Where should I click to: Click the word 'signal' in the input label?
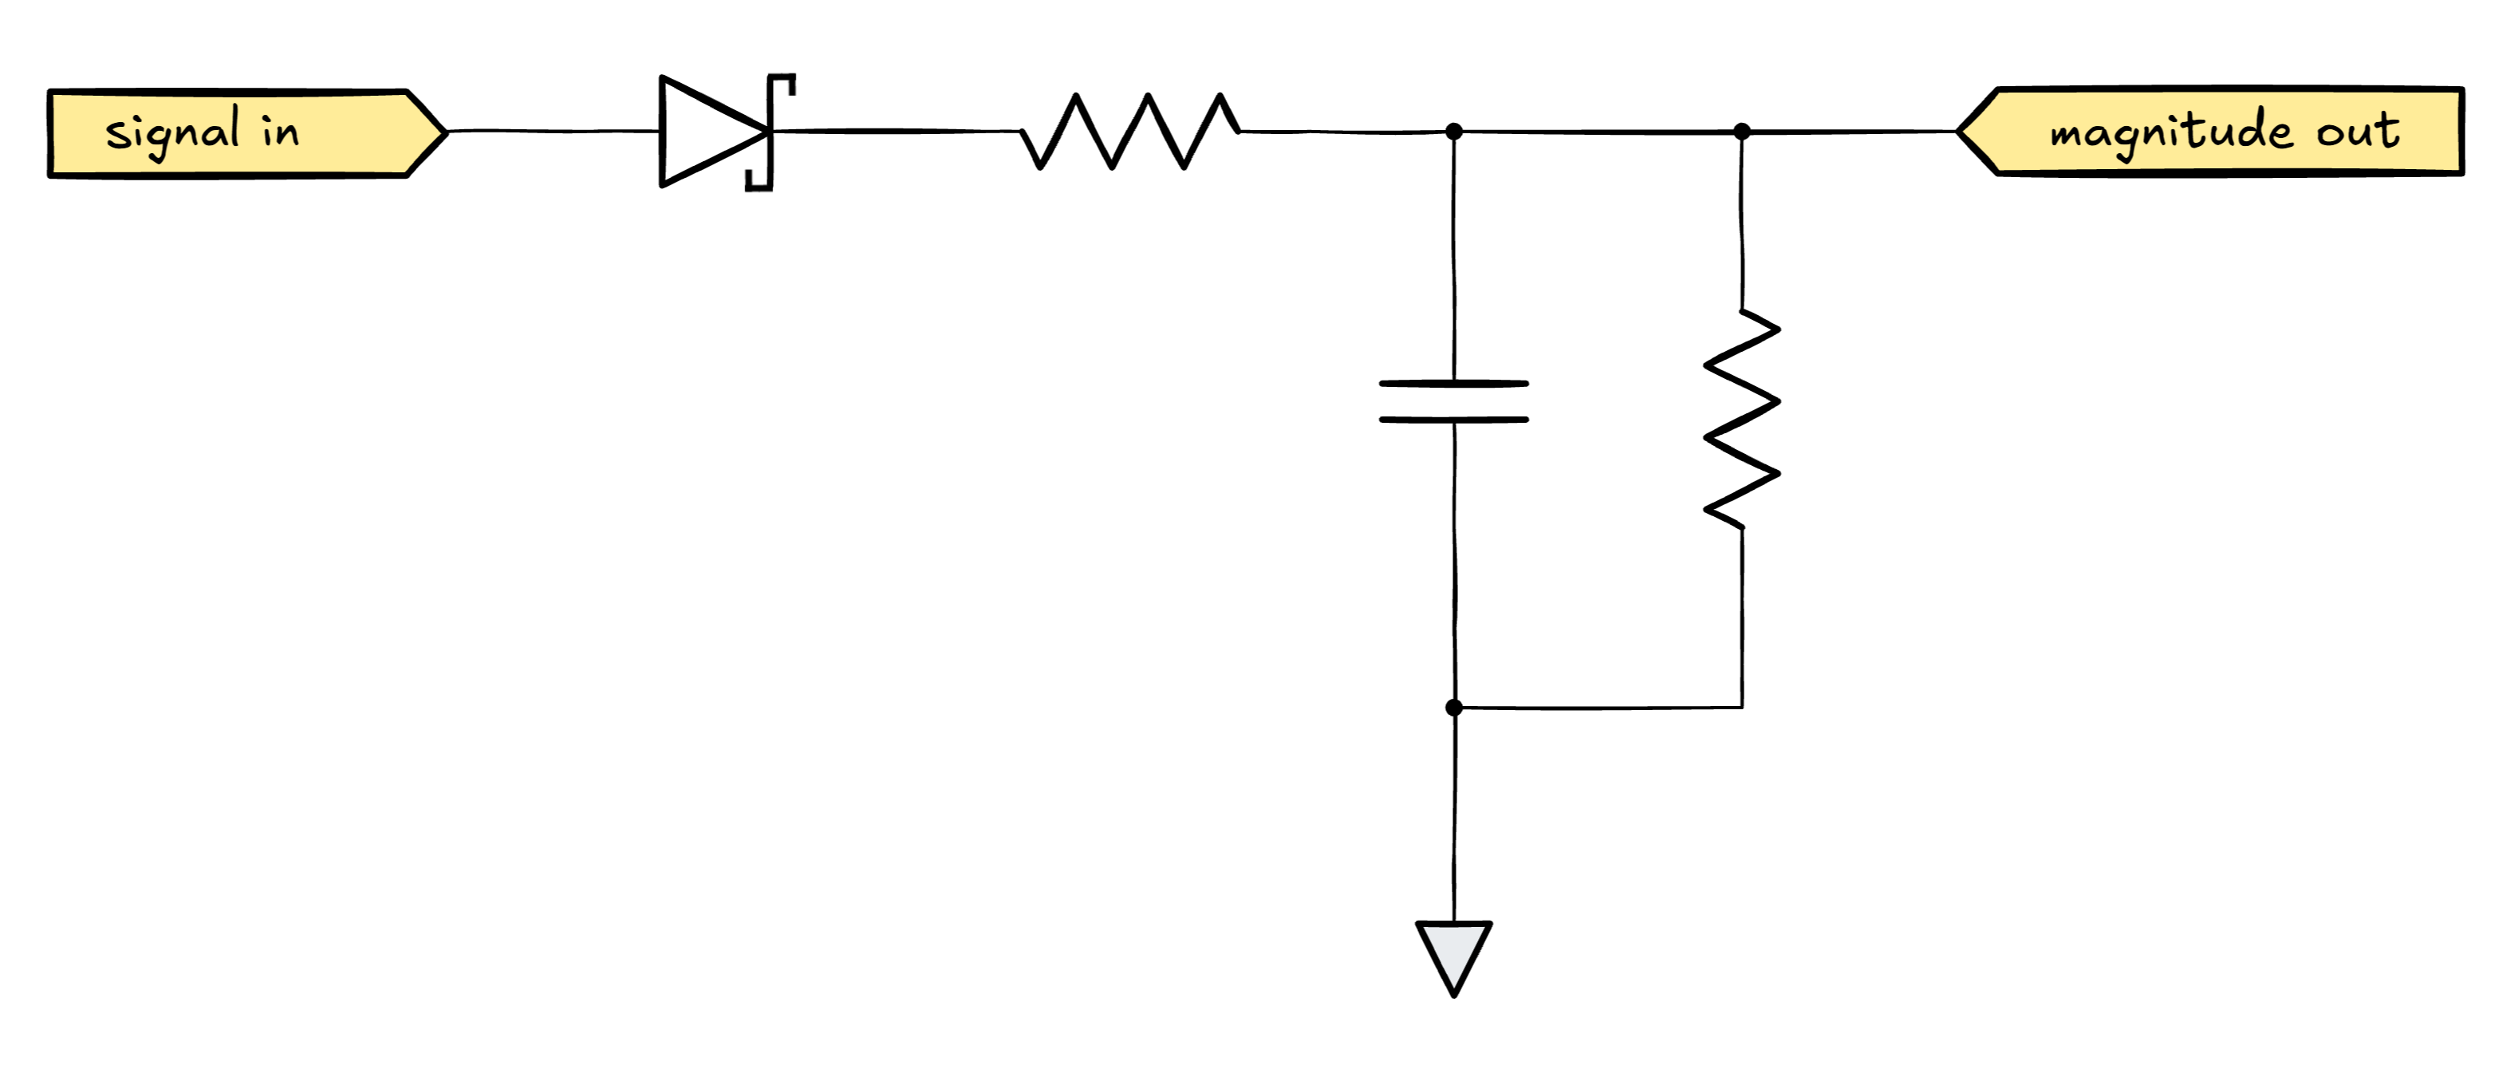coord(172,132)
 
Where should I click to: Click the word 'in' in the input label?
coord(280,131)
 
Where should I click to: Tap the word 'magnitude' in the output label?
coord(2170,132)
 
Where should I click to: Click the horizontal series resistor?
coord(1129,131)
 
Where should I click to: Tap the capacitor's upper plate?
coord(1452,384)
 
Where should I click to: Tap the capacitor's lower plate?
coord(1452,420)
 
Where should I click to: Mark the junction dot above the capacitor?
coord(1452,132)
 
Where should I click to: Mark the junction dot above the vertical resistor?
coord(1741,131)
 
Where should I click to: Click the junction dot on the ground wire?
coord(1452,708)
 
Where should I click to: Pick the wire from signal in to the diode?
coord(552,131)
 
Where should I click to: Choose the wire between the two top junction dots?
coord(1598,131)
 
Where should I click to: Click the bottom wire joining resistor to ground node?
coord(1598,708)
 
